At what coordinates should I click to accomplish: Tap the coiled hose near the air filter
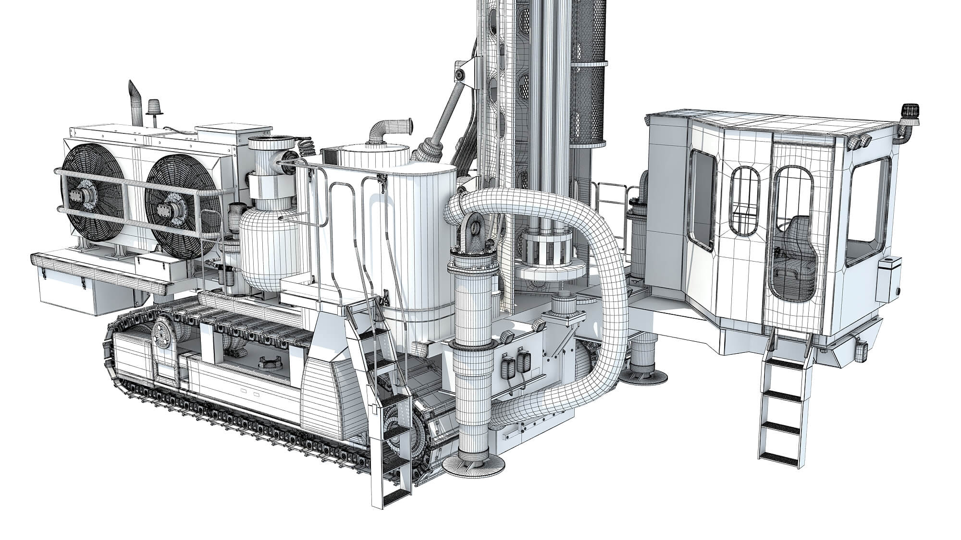(305, 146)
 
